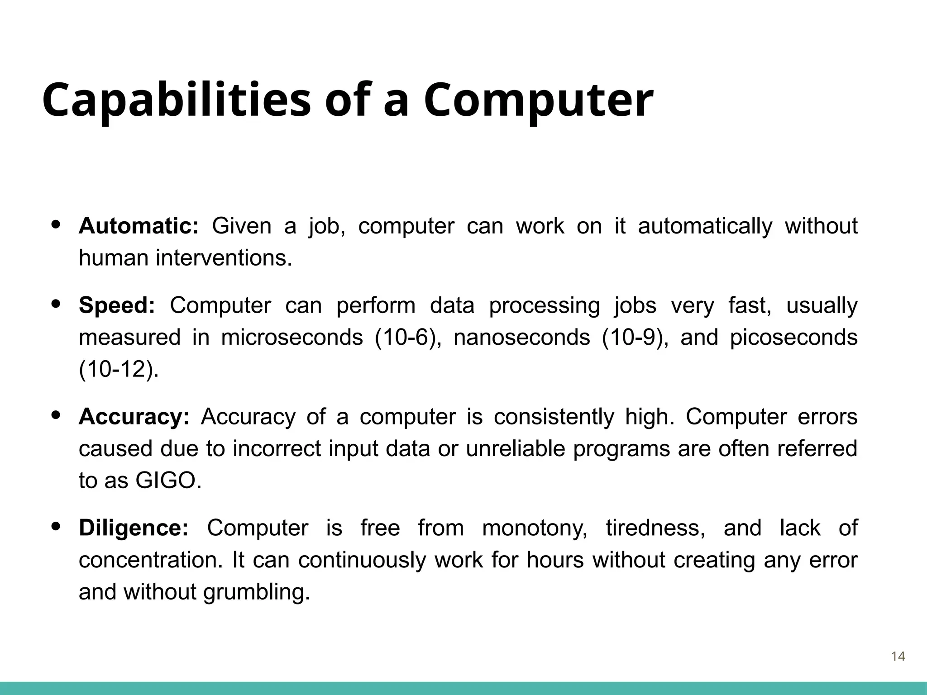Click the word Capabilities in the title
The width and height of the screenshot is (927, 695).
pyautogui.click(x=177, y=100)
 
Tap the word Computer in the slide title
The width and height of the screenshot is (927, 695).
pyautogui.click(x=538, y=100)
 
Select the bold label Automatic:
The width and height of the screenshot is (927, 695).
pyautogui.click(x=139, y=226)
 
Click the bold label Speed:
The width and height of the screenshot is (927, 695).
pyautogui.click(x=117, y=305)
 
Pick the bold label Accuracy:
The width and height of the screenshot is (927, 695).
pyautogui.click(x=134, y=417)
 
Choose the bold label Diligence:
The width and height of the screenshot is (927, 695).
pyautogui.click(x=134, y=528)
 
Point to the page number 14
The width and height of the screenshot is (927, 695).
pyautogui.click(x=898, y=657)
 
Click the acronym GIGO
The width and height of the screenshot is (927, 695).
pyautogui.click(x=168, y=481)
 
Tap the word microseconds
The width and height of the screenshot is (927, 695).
pyautogui.click(x=292, y=338)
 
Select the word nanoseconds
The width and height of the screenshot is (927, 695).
pyautogui.click(x=522, y=338)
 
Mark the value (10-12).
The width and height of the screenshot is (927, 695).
pyautogui.click(x=119, y=370)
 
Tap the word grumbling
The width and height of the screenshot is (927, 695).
pyautogui.click(x=257, y=592)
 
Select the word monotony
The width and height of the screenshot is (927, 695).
pyautogui.click(x=535, y=528)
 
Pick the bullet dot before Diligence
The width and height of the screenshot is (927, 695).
pyautogui.click(x=56, y=526)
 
